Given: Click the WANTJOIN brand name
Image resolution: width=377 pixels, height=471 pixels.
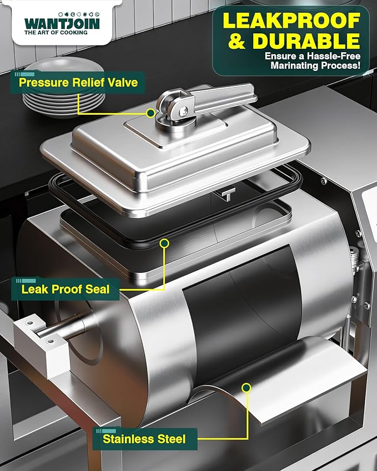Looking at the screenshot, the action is tap(62, 23).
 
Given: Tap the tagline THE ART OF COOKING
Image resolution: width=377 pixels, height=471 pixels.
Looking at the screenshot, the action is tap(56, 32).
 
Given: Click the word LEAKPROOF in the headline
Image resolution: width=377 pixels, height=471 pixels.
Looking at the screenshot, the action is tap(291, 21).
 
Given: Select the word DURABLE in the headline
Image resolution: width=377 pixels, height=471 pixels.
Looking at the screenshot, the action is tap(306, 40).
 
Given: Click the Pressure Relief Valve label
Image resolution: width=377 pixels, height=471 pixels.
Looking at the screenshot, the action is tap(78, 82).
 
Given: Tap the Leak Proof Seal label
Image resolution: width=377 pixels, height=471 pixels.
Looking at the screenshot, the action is tap(66, 289).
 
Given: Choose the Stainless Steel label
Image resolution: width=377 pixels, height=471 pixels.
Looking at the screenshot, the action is tap(144, 439).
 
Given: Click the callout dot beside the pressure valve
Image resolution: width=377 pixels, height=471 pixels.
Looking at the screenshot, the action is tap(150, 113).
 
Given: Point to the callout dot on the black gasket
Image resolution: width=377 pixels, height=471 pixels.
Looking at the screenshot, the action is tap(164, 243).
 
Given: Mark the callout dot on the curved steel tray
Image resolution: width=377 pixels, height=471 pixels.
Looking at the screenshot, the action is tap(247, 388).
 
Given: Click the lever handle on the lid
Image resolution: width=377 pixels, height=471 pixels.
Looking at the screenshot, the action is tap(223, 95).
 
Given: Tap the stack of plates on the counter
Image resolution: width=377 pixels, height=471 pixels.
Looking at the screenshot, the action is tap(64, 88).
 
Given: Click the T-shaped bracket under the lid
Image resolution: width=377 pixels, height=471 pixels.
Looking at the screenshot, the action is tap(228, 193).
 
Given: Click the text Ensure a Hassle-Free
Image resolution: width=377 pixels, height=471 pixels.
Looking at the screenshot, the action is tap(313, 56).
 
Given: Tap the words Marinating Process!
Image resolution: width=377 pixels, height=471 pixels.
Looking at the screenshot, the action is tap(315, 65).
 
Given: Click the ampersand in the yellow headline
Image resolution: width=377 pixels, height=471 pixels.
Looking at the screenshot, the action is tap(237, 41).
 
